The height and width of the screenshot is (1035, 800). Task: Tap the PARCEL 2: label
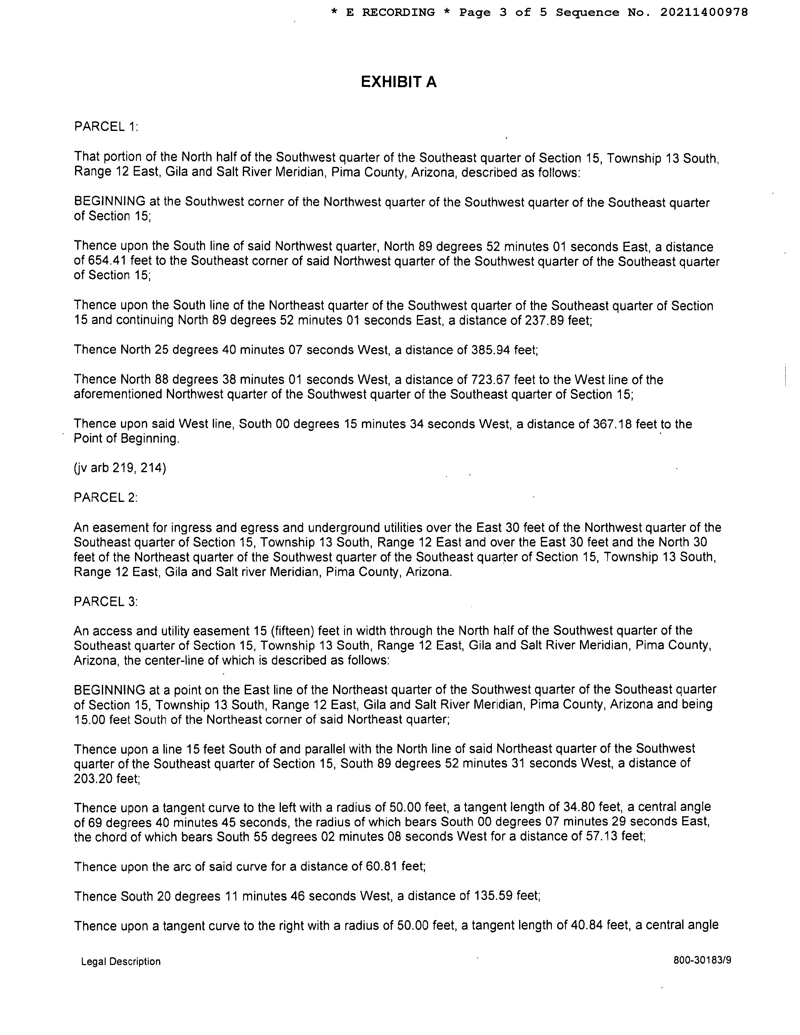point(106,497)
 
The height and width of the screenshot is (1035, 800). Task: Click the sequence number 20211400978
point(704,12)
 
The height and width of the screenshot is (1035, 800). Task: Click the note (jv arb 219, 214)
point(120,468)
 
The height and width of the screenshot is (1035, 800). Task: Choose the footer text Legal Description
point(121,962)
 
